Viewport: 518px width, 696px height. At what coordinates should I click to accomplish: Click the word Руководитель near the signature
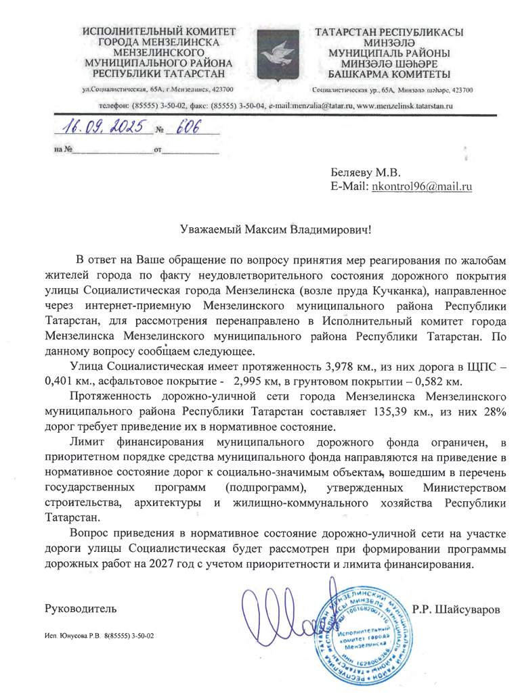click(80, 609)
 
